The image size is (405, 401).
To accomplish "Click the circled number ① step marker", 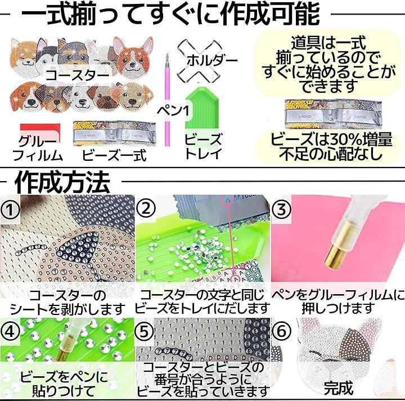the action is (x=10, y=210).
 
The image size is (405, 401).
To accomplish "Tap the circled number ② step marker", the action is (x=146, y=209).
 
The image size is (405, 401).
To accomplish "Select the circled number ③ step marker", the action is (x=281, y=209).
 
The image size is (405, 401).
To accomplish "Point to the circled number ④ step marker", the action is (x=10, y=332).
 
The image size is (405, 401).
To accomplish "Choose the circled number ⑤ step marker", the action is (x=145, y=331).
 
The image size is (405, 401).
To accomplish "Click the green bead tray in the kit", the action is (x=202, y=107).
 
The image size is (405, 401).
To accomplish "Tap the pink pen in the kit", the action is (x=168, y=100).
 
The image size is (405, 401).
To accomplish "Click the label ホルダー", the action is (x=212, y=61).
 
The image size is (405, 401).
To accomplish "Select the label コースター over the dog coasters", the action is (x=77, y=75).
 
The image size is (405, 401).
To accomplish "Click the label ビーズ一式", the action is (x=114, y=156).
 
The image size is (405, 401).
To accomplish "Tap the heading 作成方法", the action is (x=62, y=183).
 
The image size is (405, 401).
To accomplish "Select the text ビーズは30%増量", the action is (x=331, y=139).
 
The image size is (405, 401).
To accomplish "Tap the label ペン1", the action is (x=173, y=111).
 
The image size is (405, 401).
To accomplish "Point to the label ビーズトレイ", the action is (x=203, y=146).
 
